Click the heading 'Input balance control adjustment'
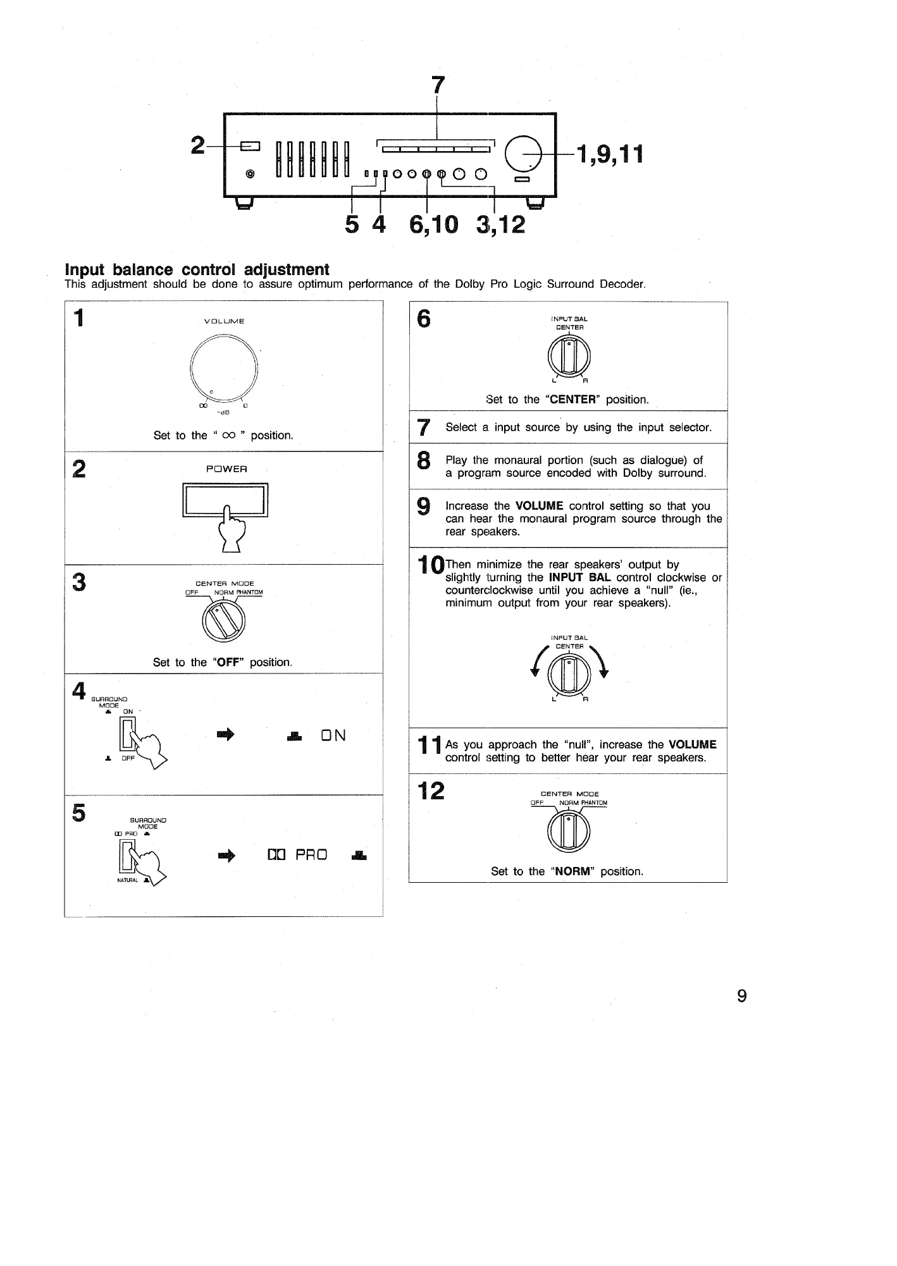point(197,270)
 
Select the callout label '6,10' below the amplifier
point(433,223)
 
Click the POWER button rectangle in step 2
point(225,500)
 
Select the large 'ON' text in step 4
point(333,735)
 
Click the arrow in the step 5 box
point(226,856)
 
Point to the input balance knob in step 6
point(569,356)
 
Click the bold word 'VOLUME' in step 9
point(539,506)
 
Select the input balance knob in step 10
point(569,675)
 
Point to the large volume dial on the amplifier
point(528,154)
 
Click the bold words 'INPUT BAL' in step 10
point(580,577)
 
